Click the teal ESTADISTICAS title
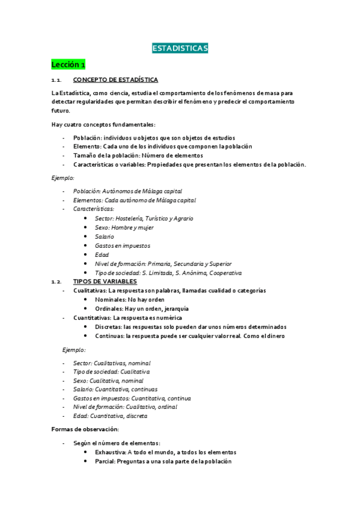point(180,48)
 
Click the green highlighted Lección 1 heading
point(69,64)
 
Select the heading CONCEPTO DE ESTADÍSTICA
point(115,80)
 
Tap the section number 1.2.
point(56,281)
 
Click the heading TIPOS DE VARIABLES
point(105,281)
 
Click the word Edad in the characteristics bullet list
point(102,254)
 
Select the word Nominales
point(110,300)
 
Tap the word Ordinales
point(109,309)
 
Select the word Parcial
point(106,461)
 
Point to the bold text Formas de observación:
point(85,429)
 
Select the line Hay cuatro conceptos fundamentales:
point(103,124)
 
